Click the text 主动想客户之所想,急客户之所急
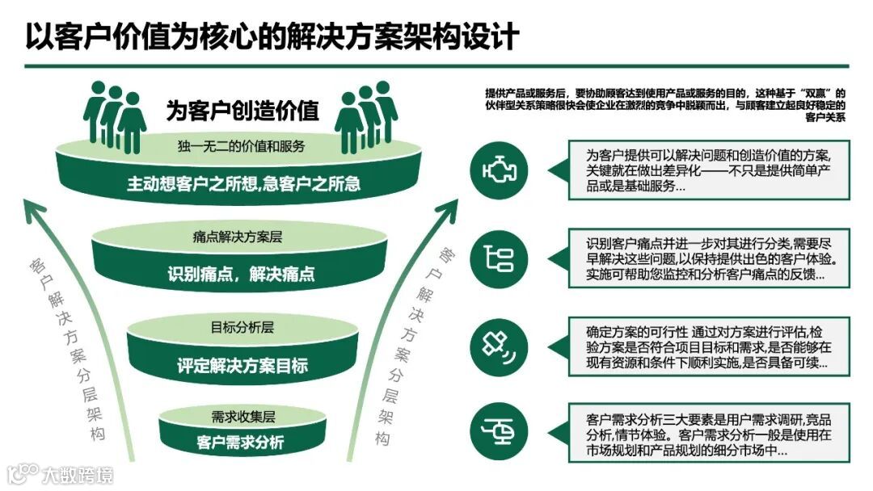pyautogui.click(x=242, y=184)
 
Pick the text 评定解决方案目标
pyautogui.click(x=242, y=365)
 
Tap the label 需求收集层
pyautogui.click(x=242, y=417)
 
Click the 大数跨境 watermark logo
pyautogui.click(x=60, y=472)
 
